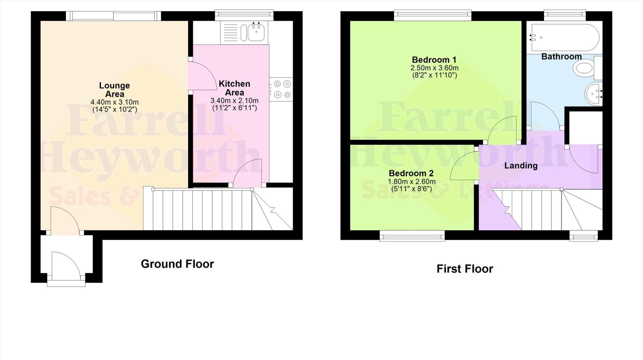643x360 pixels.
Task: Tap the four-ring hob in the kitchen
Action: tap(281, 89)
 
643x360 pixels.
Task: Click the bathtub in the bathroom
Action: tap(565, 37)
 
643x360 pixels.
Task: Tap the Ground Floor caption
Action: tap(177, 264)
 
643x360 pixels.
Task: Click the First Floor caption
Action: tap(465, 269)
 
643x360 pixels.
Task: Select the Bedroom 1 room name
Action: tap(434, 60)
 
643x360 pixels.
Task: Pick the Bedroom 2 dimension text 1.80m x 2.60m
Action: tap(411, 182)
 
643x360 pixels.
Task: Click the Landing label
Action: tap(521, 165)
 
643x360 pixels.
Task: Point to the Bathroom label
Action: tap(561, 57)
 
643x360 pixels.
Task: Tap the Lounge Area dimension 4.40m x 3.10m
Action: tap(115, 102)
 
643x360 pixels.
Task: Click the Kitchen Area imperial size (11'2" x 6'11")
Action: tap(235, 108)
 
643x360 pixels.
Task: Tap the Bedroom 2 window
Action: tap(412, 235)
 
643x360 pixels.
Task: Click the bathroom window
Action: tap(565, 15)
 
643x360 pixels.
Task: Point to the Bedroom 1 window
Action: tap(433, 15)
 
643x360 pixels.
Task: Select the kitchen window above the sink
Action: tap(244, 15)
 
